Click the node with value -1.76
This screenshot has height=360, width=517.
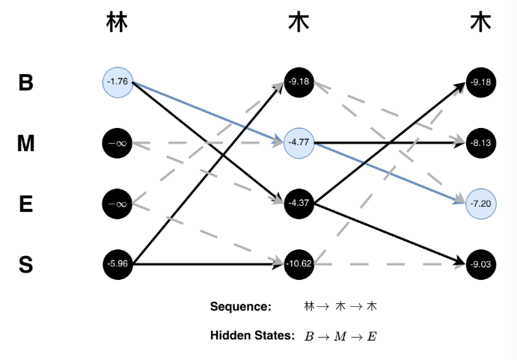click(117, 82)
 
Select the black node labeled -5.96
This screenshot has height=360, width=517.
click(117, 263)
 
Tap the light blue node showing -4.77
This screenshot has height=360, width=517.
click(299, 141)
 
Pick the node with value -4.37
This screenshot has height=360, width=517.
click(299, 202)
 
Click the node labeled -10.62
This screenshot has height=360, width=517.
click(299, 263)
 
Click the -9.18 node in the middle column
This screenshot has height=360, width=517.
click(299, 81)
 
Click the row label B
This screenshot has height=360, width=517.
click(26, 82)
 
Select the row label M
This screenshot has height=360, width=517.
click(26, 142)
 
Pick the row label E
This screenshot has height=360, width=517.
click(26, 204)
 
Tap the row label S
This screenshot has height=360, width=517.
click(26, 264)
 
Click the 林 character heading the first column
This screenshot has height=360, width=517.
click(117, 24)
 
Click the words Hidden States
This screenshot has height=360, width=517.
click(253, 336)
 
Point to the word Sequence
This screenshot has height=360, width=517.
click(239, 306)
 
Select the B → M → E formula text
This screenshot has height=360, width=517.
click(340, 337)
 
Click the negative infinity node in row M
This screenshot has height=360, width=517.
click(117, 141)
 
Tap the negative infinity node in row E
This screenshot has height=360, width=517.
click(117, 202)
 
